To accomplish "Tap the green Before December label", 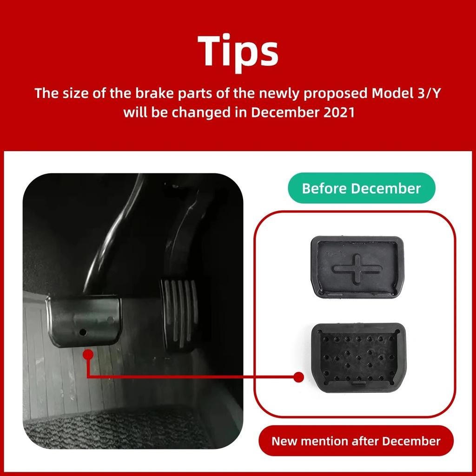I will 361,188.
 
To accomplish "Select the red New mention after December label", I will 356,441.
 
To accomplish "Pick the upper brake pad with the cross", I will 357,267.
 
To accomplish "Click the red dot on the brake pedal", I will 88,355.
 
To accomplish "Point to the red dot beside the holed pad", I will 298,377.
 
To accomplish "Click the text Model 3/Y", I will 406,93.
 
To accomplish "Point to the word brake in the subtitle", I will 152,93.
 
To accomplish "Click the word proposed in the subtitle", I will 336,93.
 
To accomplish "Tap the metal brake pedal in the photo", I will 84,321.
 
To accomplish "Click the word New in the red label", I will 284,441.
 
